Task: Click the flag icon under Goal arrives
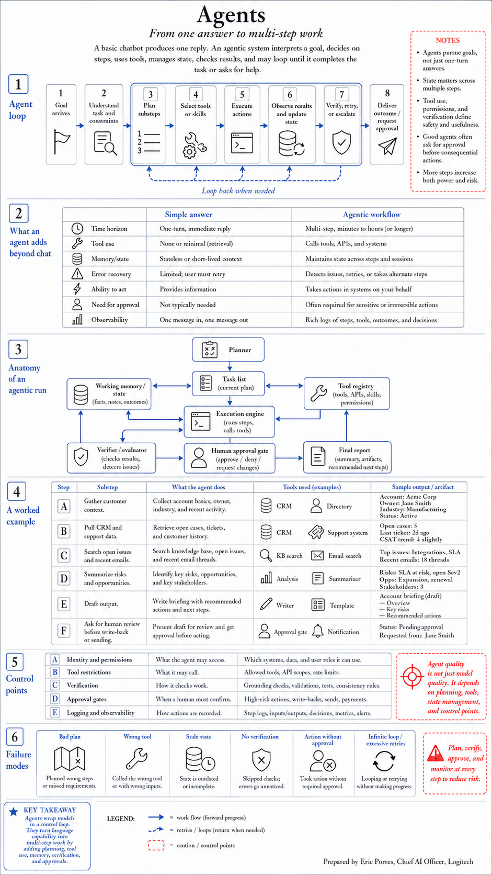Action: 61,142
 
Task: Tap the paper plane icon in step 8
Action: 387,146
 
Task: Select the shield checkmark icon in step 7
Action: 341,142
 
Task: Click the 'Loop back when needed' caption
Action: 238,190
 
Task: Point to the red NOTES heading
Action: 448,40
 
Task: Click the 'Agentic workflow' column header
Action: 371,215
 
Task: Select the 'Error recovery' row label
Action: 111,274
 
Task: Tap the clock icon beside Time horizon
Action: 77,229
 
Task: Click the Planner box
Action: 228,350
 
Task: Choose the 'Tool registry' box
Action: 347,394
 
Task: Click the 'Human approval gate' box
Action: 230,458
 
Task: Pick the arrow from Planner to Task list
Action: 230,366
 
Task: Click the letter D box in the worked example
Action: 64,578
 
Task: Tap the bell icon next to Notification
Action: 317,631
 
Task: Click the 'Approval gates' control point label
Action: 86,699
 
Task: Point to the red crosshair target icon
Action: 412,677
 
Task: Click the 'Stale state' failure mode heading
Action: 199,736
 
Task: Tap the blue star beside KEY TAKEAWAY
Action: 14,812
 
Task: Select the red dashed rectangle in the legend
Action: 156,845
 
